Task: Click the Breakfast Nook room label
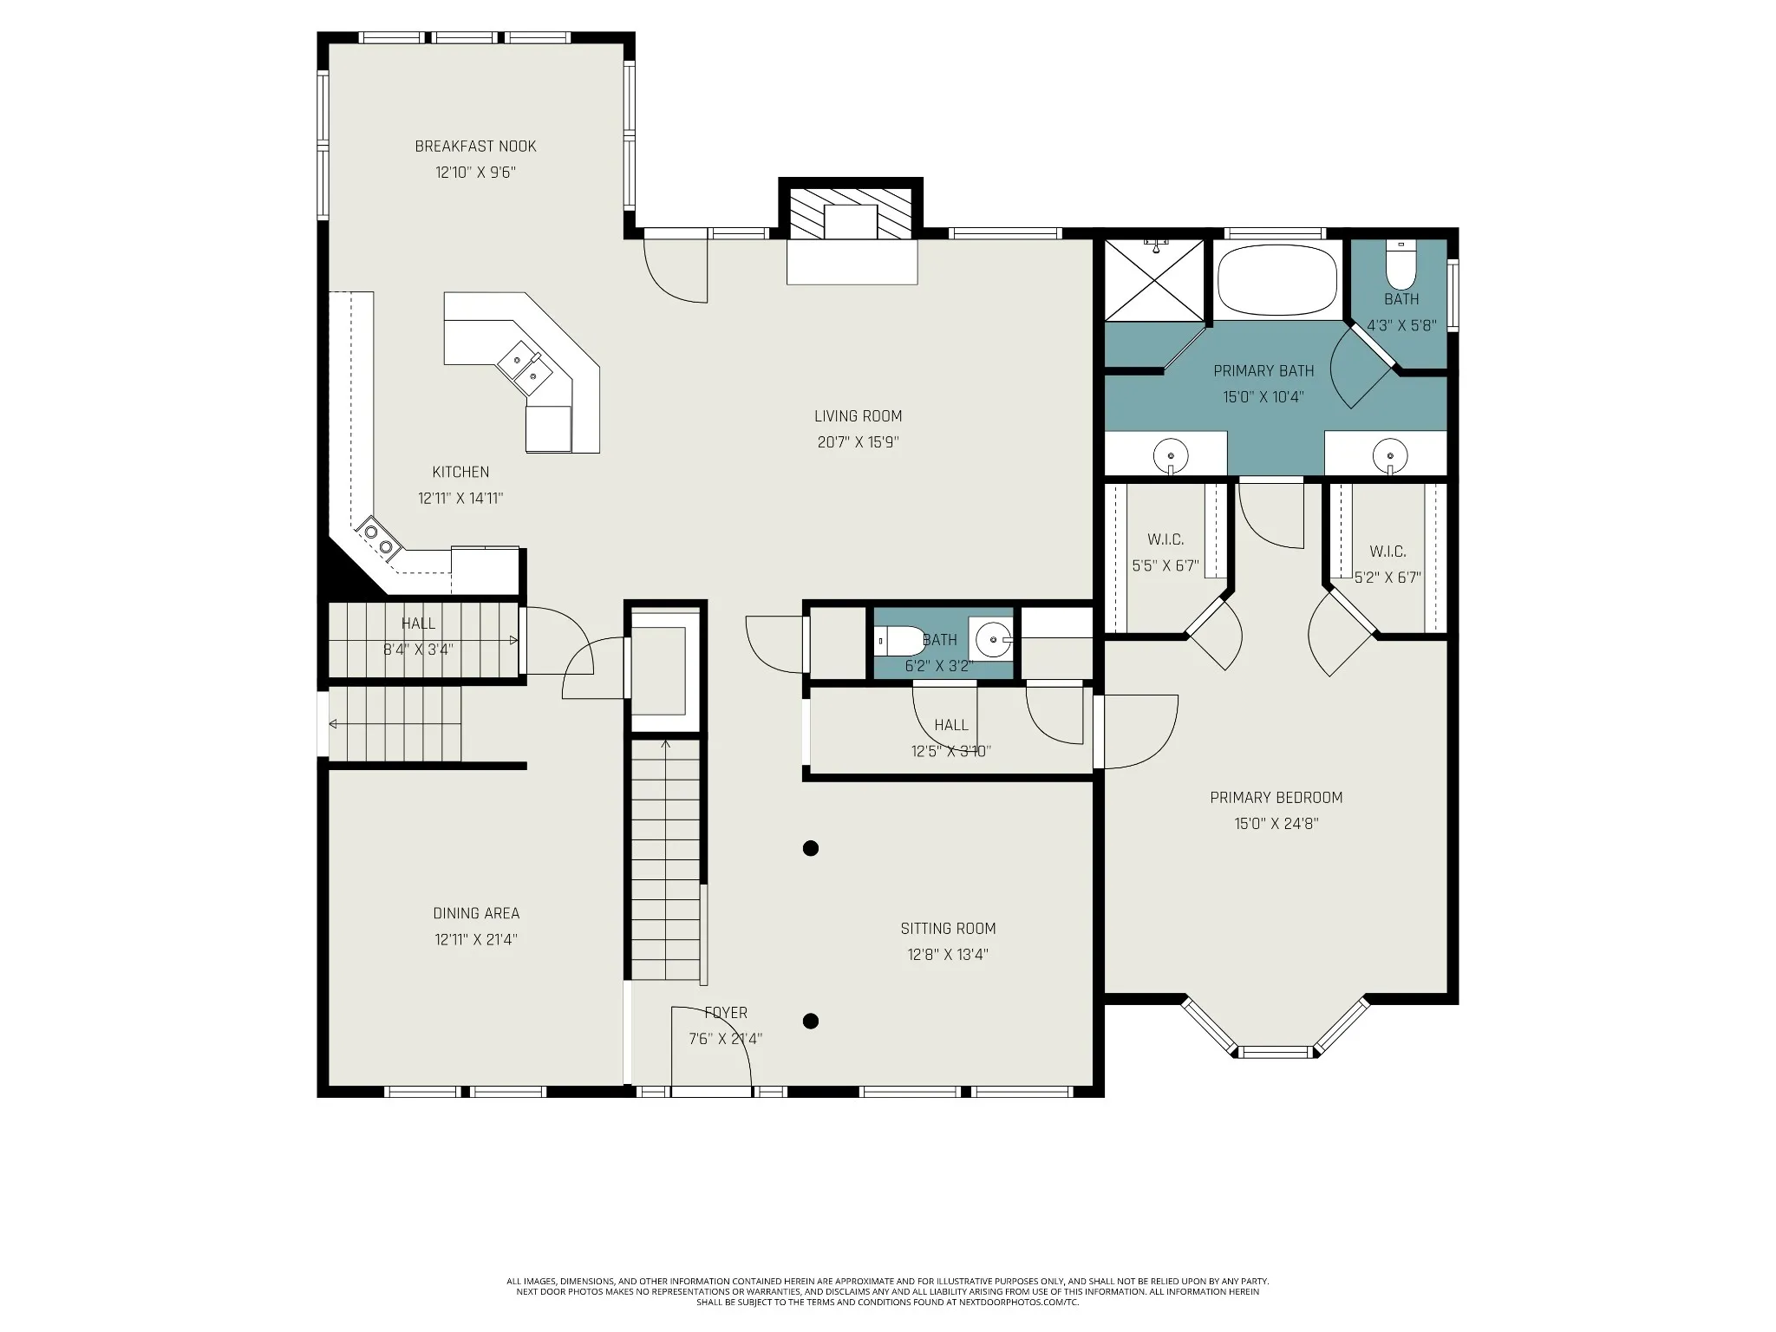point(475,147)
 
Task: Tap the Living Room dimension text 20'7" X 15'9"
point(858,442)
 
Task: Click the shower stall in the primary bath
point(1154,279)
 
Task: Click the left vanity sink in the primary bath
point(1171,455)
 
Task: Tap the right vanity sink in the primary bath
point(1390,455)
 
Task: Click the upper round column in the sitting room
point(811,848)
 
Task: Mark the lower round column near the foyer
point(811,1021)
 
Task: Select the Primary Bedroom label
point(1276,798)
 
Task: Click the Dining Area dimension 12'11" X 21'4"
point(476,939)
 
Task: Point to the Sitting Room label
point(948,929)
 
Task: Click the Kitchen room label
point(460,473)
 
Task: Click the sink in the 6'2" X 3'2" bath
point(993,641)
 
